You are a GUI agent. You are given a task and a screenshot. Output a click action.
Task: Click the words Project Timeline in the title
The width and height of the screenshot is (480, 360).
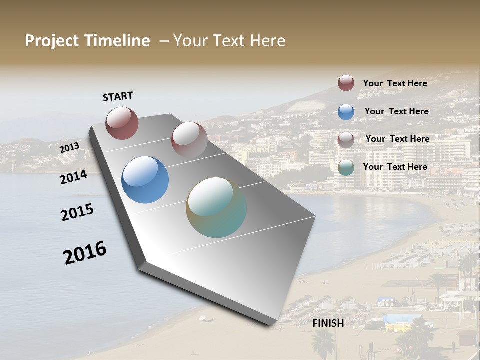pyautogui.click(x=87, y=41)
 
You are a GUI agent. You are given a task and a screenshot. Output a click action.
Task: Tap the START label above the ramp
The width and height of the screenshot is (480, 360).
pyautogui.click(x=118, y=96)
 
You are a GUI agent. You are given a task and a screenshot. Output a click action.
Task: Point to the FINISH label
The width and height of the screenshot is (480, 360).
pyautogui.click(x=328, y=323)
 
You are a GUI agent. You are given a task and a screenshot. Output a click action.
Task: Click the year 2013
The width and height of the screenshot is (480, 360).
pyautogui.click(x=69, y=148)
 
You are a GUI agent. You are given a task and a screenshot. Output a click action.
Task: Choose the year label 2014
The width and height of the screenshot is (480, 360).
pyautogui.click(x=73, y=177)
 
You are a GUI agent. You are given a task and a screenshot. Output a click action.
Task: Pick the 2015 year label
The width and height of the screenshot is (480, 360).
pyautogui.click(x=77, y=212)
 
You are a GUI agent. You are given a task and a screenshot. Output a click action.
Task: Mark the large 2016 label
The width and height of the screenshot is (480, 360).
pyautogui.click(x=85, y=253)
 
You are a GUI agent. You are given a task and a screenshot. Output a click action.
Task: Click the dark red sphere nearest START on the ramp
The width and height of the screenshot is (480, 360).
pyautogui.click(x=122, y=123)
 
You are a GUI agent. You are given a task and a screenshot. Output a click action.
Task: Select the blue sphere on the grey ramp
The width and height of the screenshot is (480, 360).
pyautogui.click(x=145, y=180)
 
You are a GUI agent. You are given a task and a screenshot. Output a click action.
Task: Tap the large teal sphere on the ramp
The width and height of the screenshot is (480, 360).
pyautogui.click(x=216, y=207)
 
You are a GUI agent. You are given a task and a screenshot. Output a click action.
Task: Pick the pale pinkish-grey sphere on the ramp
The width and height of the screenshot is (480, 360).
pyautogui.click(x=189, y=139)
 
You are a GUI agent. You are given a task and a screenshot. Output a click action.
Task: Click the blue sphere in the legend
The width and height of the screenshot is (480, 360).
pyautogui.click(x=346, y=112)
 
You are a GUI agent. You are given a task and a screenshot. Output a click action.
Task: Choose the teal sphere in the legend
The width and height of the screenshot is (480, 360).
pyautogui.click(x=346, y=167)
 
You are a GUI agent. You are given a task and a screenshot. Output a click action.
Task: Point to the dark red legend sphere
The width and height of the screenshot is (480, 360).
pyautogui.click(x=346, y=83)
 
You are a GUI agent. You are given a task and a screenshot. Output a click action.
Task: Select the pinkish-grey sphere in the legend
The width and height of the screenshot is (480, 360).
pyautogui.click(x=346, y=140)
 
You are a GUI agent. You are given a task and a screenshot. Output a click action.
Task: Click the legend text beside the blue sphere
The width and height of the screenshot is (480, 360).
pyautogui.click(x=396, y=111)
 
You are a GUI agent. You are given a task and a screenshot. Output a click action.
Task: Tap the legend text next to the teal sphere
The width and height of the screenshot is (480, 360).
pyautogui.click(x=395, y=167)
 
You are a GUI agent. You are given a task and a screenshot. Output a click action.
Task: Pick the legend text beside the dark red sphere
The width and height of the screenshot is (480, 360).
pyautogui.click(x=395, y=83)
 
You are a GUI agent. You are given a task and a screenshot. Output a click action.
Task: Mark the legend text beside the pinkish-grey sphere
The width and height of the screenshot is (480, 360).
pyautogui.click(x=397, y=139)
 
